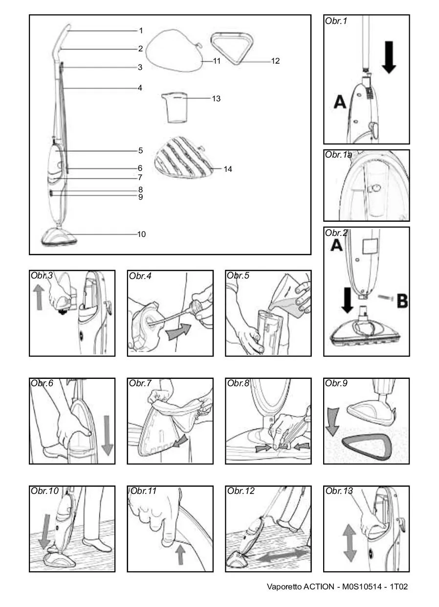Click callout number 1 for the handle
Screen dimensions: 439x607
tap(141, 31)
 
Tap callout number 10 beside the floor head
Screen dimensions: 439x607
tap(141, 234)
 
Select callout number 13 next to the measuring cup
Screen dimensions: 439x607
tap(216, 99)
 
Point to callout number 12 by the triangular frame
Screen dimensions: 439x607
tap(275, 61)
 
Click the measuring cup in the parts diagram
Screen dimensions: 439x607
tap(175, 107)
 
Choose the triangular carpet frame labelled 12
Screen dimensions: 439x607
tap(233, 48)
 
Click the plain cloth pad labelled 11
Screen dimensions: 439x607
tap(175, 50)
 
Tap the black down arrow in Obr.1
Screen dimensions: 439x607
tap(389, 57)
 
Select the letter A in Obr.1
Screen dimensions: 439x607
tap(340, 102)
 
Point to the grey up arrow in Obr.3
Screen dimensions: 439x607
tap(39, 297)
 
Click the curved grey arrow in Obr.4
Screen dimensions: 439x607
tap(178, 331)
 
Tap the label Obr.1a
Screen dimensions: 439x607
tap(339, 155)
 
